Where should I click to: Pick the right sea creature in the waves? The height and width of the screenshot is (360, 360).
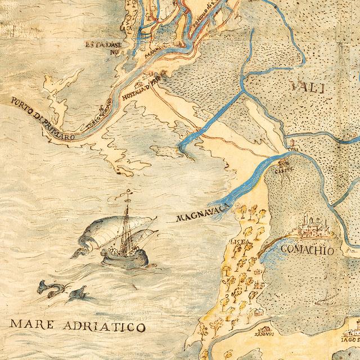click(x=78, y=292)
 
